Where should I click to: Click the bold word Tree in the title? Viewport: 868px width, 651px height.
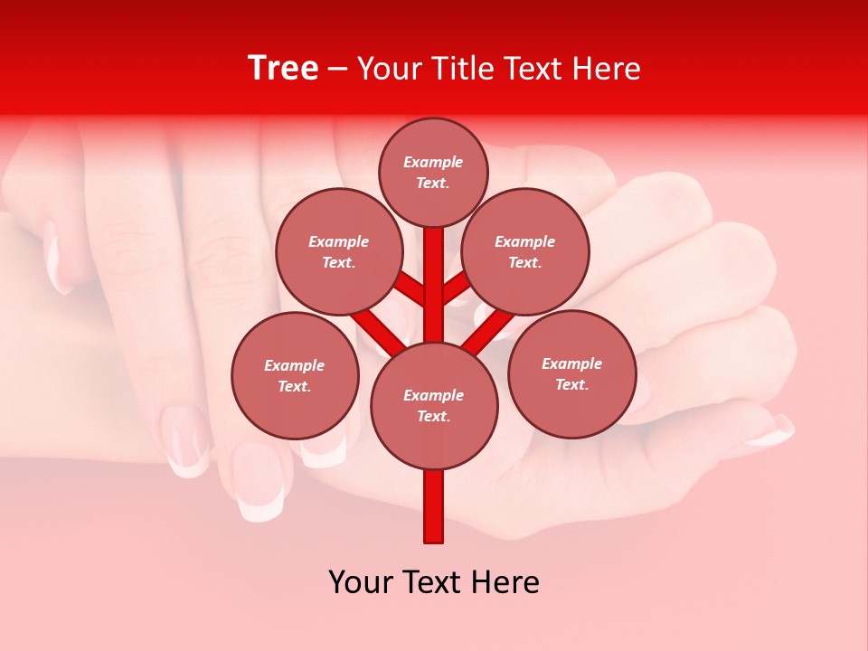[x=283, y=69]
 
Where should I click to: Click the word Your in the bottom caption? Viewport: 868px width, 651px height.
[x=360, y=582]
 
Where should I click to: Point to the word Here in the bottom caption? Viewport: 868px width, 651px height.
[x=504, y=582]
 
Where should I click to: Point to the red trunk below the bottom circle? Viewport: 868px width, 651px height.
[x=434, y=506]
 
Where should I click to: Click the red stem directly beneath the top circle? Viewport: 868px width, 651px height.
[x=434, y=271]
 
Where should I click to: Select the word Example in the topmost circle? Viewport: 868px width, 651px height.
[x=433, y=163]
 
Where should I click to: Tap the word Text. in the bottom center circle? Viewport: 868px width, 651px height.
[x=433, y=417]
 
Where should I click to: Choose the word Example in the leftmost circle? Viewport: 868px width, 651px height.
[x=295, y=366]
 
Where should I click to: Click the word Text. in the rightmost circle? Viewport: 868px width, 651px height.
[x=571, y=385]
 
